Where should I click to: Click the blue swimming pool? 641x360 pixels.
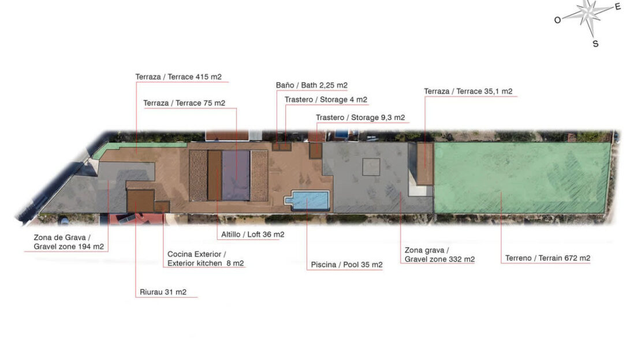(310, 201)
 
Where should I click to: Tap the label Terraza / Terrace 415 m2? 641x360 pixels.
(178, 77)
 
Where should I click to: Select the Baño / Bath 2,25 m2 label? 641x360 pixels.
(311, 85)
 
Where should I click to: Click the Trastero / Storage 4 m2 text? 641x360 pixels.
(326, 99)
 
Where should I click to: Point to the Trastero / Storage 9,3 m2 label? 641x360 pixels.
(360, 117)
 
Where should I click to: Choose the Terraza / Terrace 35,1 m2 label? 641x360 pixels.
(468, 91)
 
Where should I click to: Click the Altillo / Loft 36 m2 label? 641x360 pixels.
(252, 235)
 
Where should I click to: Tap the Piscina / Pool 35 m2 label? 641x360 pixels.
(346, 265)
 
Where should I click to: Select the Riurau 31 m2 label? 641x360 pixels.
(163, 292)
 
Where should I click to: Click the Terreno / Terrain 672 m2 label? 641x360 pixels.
(548, 258)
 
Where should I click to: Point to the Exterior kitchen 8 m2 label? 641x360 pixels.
(206, 263)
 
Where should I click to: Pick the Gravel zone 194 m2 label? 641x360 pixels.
(69, 247)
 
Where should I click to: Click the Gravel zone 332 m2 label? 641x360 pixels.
(440, 259)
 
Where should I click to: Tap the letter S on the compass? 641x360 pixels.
(595, 44)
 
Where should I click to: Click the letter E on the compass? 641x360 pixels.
(618, 6)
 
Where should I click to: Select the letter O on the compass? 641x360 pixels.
(558, 20)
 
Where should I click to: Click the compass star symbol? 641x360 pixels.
(588, 14)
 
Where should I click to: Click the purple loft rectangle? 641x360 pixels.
(236, 176)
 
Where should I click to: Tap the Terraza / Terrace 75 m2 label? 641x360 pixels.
(184, 103)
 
